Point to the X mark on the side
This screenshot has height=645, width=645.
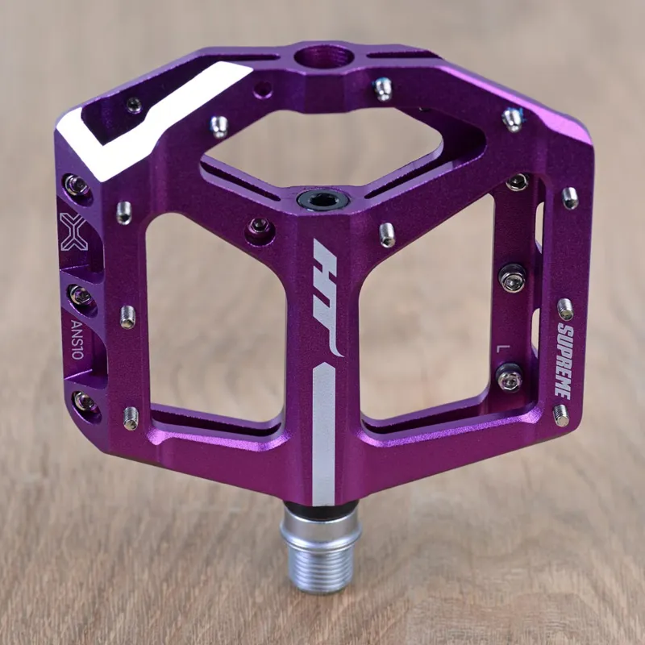74,232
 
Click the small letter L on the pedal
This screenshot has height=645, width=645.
504,347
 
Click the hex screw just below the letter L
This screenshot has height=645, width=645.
510,377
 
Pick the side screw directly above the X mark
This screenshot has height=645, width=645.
77,186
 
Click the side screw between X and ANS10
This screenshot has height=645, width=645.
80,295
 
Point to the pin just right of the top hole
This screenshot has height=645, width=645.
383,87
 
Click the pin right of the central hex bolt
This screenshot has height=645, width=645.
387,234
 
